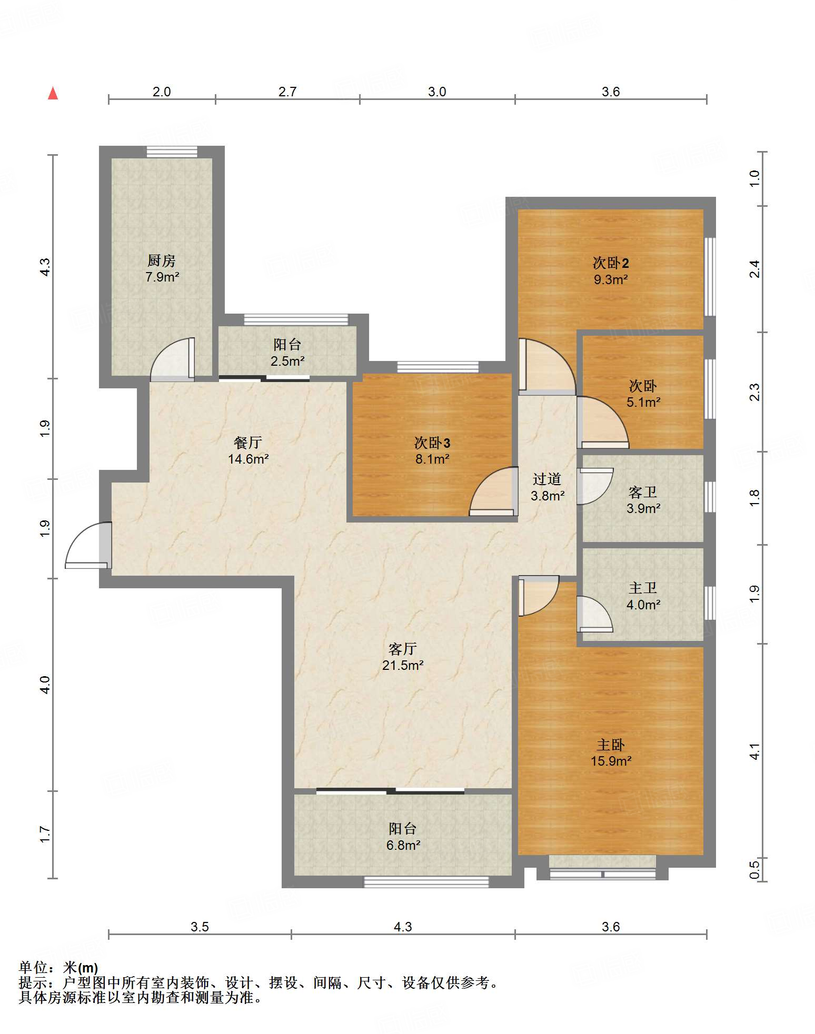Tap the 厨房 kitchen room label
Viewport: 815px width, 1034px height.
(x=162, y=260)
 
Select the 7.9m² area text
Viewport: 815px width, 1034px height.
(x=163, y=277)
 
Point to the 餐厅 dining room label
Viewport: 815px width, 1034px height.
(x=248, y=443)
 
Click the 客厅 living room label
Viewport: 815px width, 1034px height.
(x=403, y=649)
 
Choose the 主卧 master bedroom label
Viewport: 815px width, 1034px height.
(x=611, y=745)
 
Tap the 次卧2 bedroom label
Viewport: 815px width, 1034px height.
(x=611, y=263)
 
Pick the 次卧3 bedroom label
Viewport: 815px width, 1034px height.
(x=432, y=443)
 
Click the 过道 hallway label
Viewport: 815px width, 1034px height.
(x=547, y=479)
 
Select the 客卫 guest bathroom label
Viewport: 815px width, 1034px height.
(x=643, y=492)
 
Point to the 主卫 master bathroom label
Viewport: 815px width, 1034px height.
(x=643, y=588)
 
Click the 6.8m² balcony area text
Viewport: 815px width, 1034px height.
(x=403, y=845)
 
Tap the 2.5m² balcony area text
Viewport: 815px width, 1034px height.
(x=287, y=361)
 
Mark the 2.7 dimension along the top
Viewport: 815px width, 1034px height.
(x=287, y=92)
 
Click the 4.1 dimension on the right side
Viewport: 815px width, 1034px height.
(x=754, y=751)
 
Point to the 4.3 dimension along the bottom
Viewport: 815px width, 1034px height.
(x=403, y=927)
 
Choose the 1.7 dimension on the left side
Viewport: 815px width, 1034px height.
(x=45, y=834)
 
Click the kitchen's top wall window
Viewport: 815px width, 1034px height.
(x=172, y=152)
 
